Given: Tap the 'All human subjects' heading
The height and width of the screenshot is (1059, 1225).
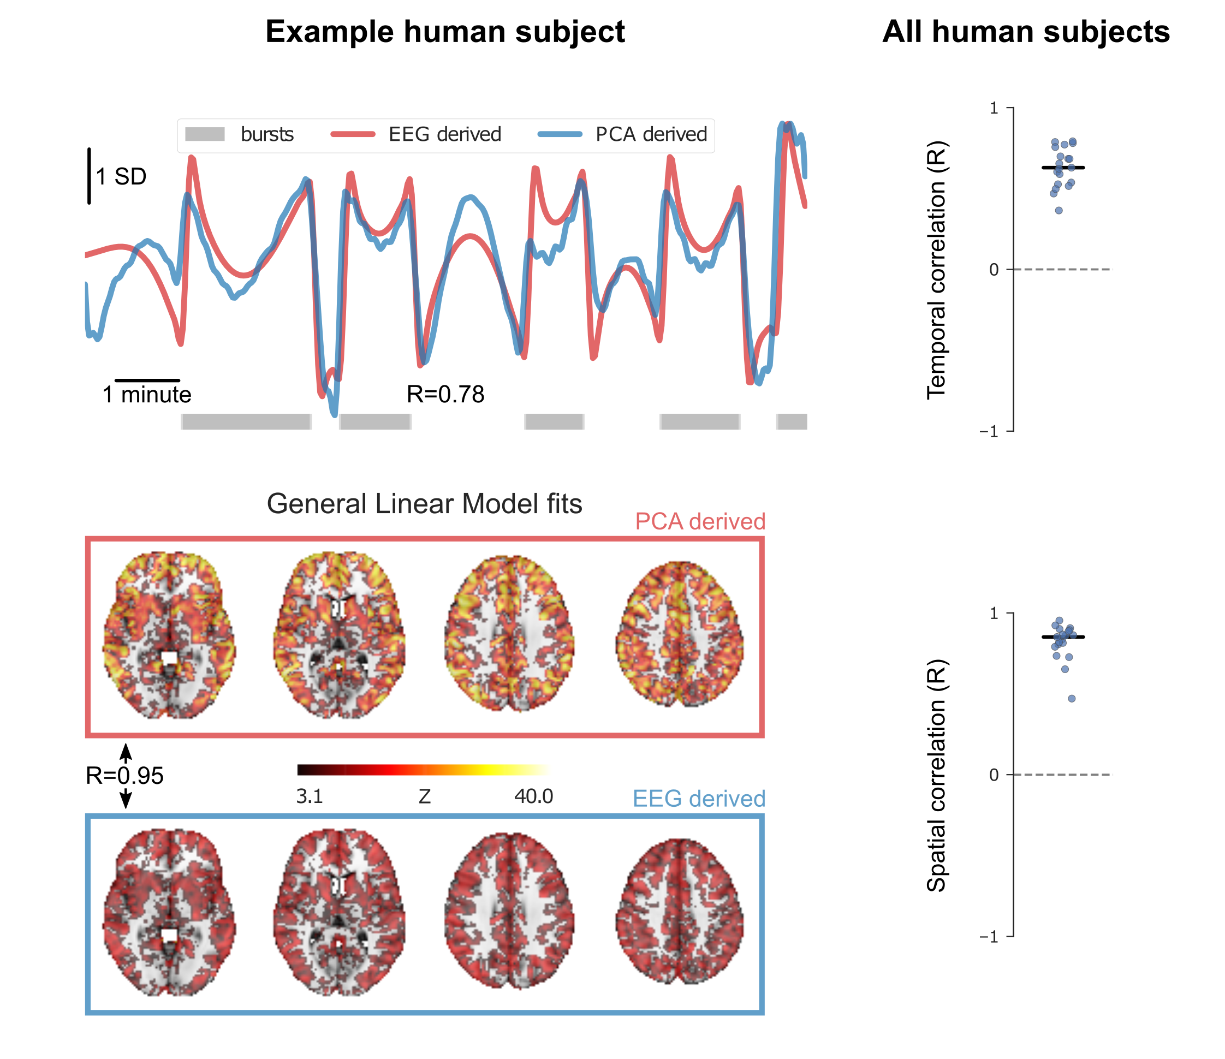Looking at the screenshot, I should click(1026, 31).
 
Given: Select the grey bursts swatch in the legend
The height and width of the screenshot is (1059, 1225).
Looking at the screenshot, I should click(205, 134).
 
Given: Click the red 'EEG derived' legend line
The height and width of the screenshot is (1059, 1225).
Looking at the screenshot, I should click(353, 134).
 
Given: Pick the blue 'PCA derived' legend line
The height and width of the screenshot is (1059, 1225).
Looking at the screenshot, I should click(560, 134).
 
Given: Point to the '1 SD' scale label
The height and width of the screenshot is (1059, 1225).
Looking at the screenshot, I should click(121, 176).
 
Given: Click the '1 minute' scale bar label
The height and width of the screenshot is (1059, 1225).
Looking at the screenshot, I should click(147, 394).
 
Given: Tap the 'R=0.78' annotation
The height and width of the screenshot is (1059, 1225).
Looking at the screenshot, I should click(445, 394).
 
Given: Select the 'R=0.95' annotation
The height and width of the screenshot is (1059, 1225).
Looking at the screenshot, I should click(125, 776).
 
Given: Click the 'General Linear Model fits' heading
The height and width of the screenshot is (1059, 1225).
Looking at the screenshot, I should click(425, 504).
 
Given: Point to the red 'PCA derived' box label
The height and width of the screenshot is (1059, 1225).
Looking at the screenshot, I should click(700, 521).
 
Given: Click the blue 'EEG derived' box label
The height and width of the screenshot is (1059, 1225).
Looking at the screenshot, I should click(699, 799).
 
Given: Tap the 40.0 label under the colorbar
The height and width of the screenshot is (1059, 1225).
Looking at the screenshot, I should click(533, 796).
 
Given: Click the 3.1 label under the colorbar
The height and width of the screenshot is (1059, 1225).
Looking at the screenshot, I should click(309, 796).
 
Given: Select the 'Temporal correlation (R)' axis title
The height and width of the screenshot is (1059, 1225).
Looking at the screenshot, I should click(936, 270).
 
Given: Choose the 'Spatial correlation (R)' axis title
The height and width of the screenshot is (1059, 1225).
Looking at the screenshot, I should click(936, 775).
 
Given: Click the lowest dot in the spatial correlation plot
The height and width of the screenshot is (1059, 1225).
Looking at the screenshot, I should click(1071, 699).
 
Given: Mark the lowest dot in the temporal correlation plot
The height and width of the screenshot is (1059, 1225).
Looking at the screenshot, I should click(1059, 211).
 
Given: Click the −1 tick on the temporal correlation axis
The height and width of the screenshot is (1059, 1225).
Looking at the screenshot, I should click(989, 432).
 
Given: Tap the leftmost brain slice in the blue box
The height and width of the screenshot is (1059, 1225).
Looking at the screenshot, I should click(170, 912).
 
